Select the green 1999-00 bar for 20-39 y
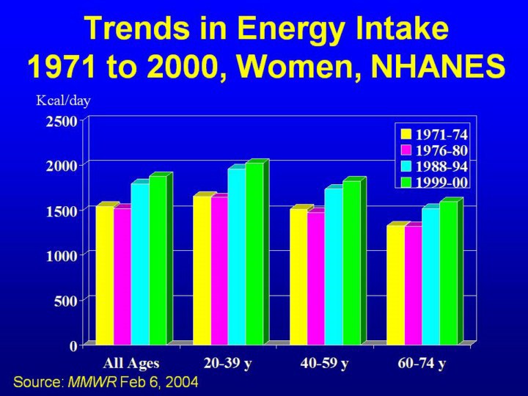(254, 253)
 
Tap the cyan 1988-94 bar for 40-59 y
(333, 266)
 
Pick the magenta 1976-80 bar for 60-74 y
(413, 285)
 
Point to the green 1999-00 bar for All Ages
(158, 260)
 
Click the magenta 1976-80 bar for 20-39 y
(219, 270)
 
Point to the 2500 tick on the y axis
(62, 122)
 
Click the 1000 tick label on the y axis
(62, 255)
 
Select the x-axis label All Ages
(131, 363)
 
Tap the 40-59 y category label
(324, 363)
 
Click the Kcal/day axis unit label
(63, 101)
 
